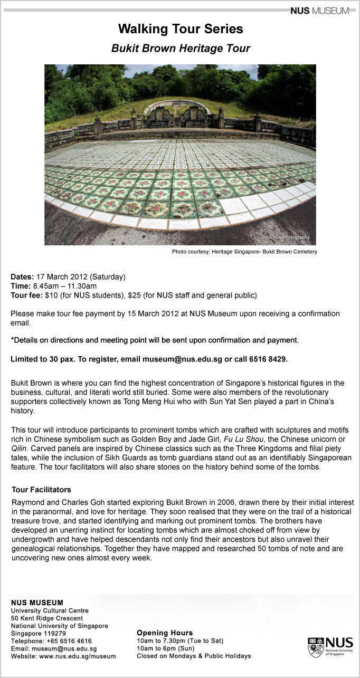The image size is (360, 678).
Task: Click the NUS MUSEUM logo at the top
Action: click(319, 10)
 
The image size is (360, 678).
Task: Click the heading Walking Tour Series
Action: click(181, 28)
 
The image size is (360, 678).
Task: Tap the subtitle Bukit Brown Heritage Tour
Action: click(181, 49)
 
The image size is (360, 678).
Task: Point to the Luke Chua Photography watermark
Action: click(283, 237)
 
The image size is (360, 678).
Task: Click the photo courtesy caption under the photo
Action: click(244, 252)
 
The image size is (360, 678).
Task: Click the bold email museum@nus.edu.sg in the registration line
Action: click(182, 359)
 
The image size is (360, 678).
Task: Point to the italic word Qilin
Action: click(21, 448)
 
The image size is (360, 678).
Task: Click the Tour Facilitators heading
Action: click(41, 490)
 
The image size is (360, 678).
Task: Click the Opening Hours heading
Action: click(165, 633)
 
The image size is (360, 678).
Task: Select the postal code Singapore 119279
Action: click(38, 633)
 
